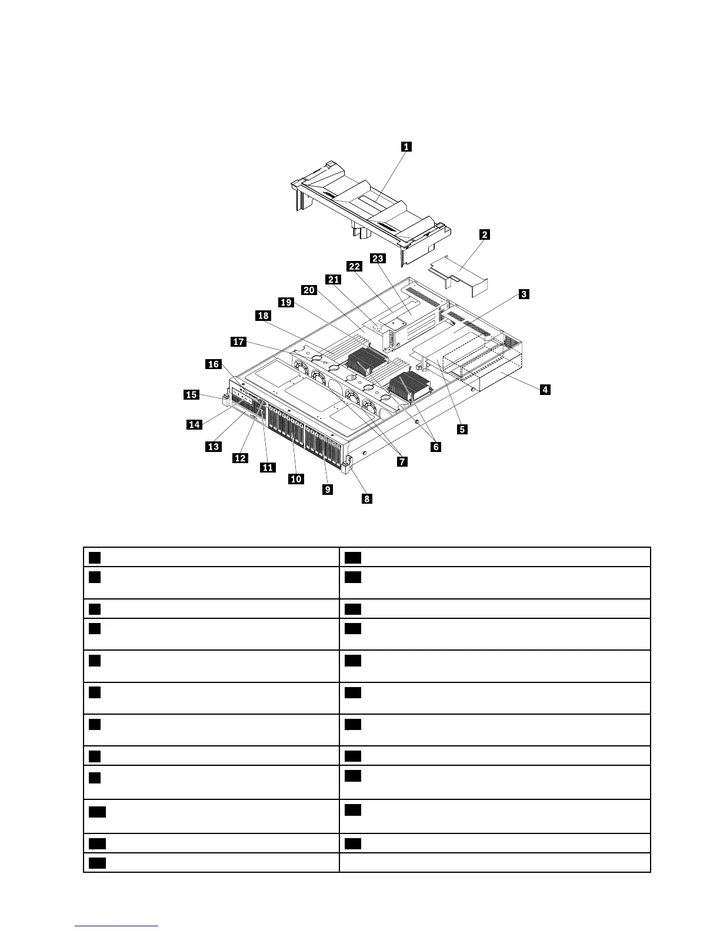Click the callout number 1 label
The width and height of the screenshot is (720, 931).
tap(406, 147)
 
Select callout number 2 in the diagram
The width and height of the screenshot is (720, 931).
tap(485, 235)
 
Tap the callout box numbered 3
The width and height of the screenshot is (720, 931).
tap(524, 294)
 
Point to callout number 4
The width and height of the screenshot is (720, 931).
tap(545, 389)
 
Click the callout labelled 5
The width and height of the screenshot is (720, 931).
tap(462, 429)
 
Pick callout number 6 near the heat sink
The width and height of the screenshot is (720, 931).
tap(435, 447)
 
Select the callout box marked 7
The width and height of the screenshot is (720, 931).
tap(402, 461)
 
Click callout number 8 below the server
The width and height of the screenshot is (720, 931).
tap(366, 499)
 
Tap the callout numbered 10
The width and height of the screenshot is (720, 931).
tap(296, 479)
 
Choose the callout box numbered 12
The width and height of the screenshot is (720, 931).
tap(240, 458)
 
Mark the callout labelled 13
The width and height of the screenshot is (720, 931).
tap(213, 447)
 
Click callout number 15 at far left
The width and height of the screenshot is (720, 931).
tap(192, 395)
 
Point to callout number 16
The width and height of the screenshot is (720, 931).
tap(213, 364)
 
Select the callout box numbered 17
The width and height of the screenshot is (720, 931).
tap(238, 342)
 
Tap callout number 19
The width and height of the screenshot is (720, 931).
tap(286, 303)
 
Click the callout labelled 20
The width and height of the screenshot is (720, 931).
tap(309, 290)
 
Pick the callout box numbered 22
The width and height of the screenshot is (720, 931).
tap(354, 266)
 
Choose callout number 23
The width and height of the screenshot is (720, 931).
tap(378, 258)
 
